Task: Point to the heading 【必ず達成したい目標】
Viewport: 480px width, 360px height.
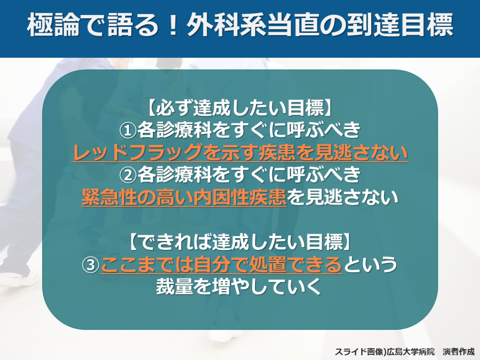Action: [x=240, y=108]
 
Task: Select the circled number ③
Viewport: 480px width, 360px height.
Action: [x=91, y=264]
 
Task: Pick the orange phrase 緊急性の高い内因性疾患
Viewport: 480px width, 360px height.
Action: [x=184, y=197]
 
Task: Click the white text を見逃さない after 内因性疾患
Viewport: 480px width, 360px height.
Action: [x=342, y=197]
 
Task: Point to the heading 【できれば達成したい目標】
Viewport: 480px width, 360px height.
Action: [x=240, y=242]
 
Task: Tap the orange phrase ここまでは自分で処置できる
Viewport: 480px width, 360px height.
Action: [x=221, y=264]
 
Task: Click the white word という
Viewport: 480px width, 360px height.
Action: [x=370, y=264]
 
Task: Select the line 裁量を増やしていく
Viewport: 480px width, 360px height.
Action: [x=239, y=286]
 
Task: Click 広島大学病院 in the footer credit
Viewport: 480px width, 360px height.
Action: [x=410, y=352]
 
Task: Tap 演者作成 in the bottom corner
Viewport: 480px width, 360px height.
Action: [x=458, y=352]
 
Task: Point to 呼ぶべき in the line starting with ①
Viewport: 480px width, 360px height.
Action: [x=323, y=130]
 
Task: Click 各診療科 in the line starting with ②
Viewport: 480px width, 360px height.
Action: [x=174, y=175]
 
